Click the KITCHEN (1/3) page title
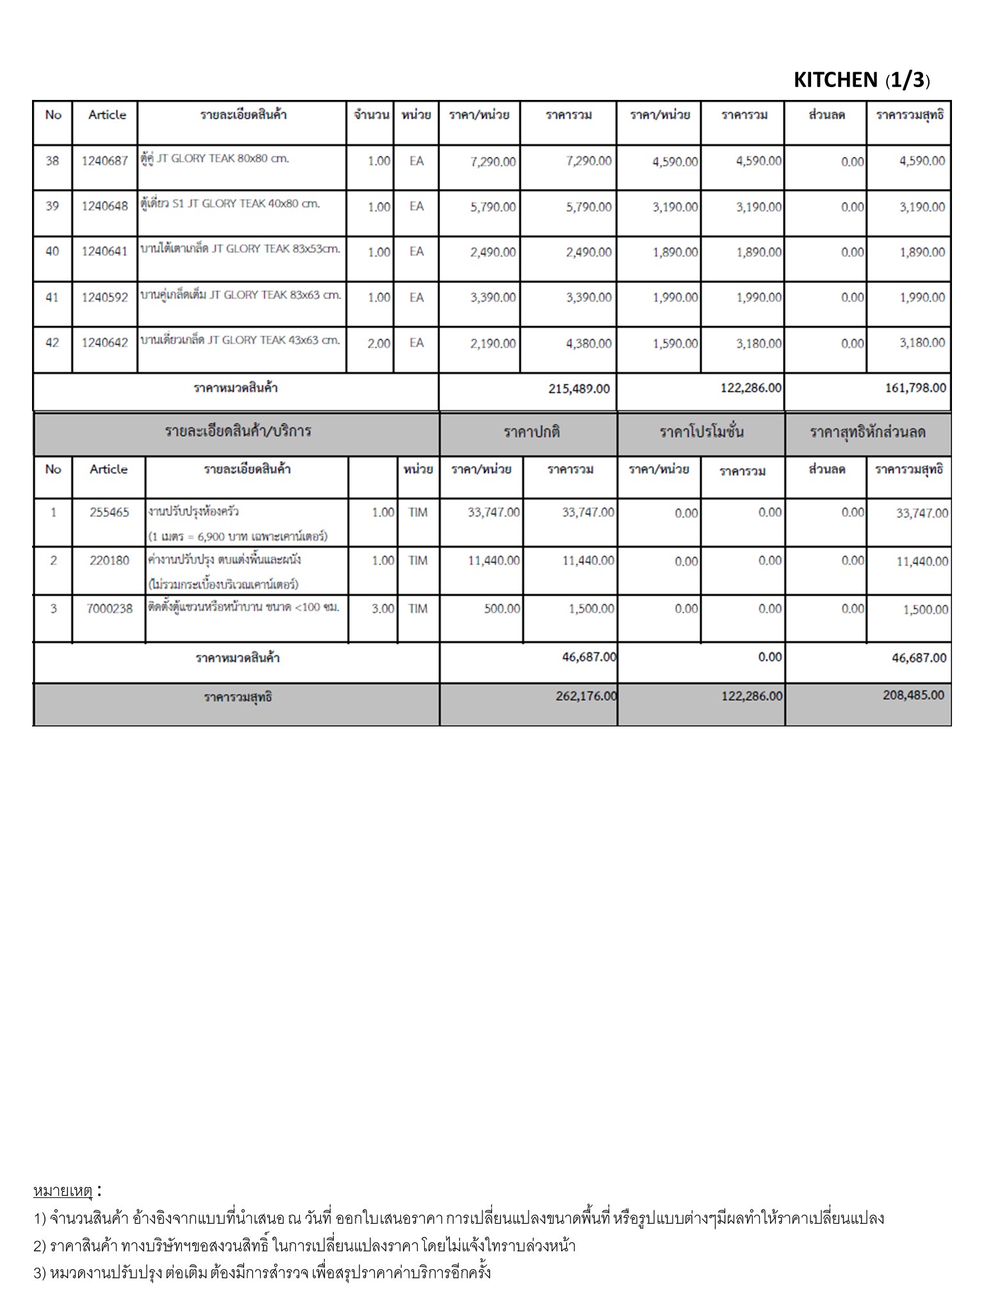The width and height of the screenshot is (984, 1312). (862, 80)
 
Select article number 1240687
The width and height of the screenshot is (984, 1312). (104, 161)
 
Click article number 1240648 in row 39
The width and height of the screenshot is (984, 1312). (104, 206)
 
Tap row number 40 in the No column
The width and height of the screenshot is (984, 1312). (52, 251)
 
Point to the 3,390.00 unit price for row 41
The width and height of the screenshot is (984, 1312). (493, 297)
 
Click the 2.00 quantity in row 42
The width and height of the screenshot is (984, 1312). (379, 343)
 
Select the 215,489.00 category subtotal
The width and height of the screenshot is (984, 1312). (578, 389)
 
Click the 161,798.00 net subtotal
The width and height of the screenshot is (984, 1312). (914, 388)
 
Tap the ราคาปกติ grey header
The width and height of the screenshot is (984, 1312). (532, 432)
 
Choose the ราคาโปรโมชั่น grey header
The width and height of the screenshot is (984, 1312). (701, 432)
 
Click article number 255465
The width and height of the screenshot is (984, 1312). (109, 512)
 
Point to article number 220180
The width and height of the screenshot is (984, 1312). (109, 561)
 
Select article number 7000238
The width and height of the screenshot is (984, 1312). (109, 609)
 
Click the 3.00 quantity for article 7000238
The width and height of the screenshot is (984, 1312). (382, 609)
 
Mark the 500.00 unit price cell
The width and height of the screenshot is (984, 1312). (502, 609)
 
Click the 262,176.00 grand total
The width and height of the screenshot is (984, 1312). (586, 696)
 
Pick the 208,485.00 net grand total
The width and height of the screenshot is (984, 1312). (913, 695)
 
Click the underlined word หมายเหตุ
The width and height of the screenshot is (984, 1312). (63, 1191)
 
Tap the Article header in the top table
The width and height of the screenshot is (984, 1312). (107, 115)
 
